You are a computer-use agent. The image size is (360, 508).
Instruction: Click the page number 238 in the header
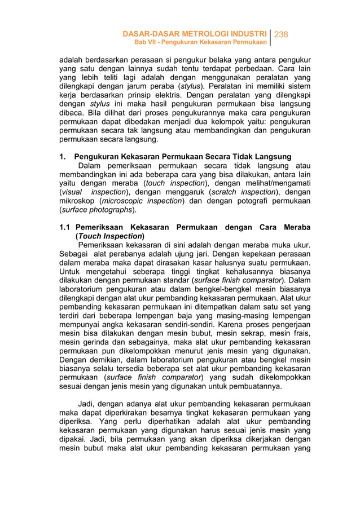click(x=281, y=34)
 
